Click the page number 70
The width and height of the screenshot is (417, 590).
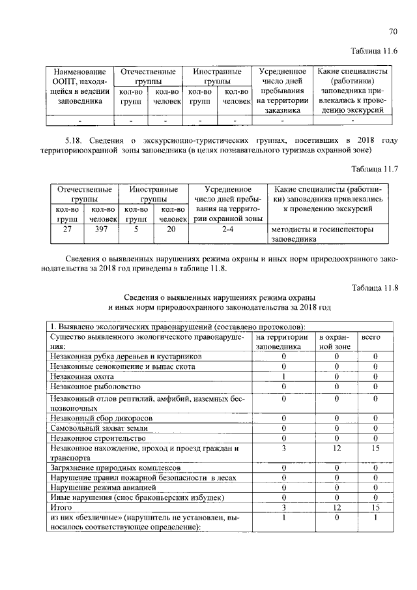[392, 31]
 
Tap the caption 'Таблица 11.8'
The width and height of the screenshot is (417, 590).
[374, 288]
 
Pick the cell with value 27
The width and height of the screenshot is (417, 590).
[67, 229]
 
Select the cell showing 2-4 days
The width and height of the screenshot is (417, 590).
[227, 229]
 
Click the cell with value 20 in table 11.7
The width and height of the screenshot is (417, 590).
[171, 229]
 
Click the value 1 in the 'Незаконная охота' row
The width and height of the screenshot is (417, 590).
[283, 376]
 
